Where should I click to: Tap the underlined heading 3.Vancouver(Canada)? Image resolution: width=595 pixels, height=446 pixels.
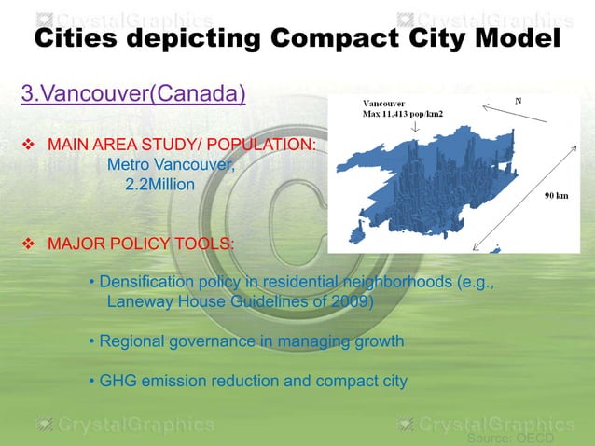(133, 94)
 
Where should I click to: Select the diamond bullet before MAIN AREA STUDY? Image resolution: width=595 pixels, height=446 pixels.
(28, 146)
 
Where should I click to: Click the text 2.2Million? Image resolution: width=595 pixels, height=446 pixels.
(159, 185)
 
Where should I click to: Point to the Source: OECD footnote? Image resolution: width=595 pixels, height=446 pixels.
(510, 438)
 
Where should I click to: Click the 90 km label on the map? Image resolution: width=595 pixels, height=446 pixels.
(558, 196)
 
